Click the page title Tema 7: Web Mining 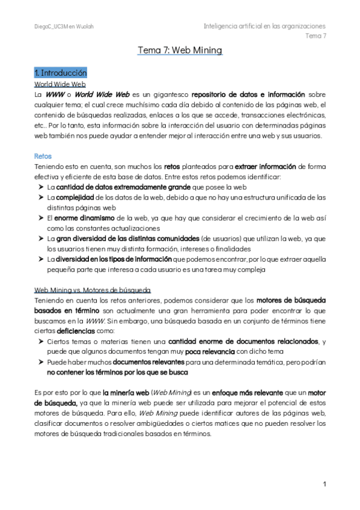point(180,51)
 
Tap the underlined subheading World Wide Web point(60,84)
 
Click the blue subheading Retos point(43,156)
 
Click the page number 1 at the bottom point(324,484)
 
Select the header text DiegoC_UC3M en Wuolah point(64,26)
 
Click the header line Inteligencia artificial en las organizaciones point(264,26)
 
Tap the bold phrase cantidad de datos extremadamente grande point(120,188)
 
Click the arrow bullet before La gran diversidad point(40,239)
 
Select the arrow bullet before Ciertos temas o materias point(40,342)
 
